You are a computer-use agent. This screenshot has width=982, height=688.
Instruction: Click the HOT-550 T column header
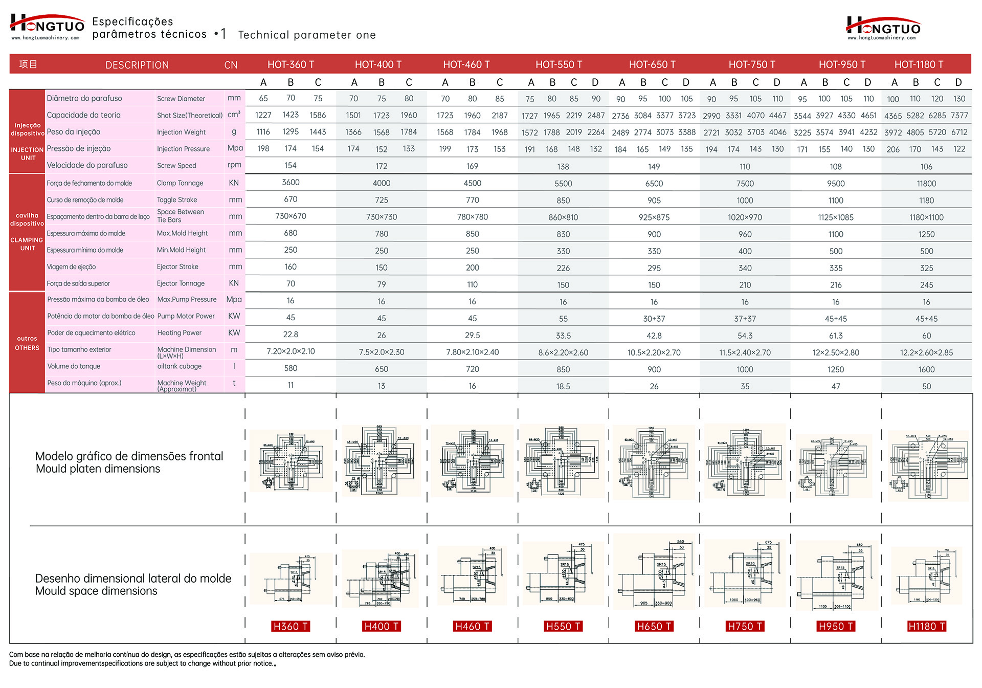click(559, 64)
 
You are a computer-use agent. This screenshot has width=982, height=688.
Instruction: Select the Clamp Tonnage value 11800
click(926, 183)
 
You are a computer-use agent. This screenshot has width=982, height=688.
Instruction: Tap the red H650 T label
click(654, 626)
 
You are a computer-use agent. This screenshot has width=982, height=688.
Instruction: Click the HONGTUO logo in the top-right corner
click(883, 28)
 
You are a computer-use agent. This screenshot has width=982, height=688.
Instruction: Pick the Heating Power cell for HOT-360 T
click(291, 335)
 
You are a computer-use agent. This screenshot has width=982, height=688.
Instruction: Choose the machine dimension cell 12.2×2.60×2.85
click(926, 352)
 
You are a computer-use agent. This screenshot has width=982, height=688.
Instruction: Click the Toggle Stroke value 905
click(654, 201)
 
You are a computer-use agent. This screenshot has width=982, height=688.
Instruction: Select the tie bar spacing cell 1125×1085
click(836, 217)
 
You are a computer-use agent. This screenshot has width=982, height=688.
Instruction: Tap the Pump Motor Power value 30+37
click(654, 319)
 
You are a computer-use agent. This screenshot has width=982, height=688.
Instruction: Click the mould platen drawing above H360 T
click(291, 461)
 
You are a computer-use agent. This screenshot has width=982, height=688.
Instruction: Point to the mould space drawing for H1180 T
click(926, 576)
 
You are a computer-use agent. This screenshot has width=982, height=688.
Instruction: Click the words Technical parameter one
click(307, 35)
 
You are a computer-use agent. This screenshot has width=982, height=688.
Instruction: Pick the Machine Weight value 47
click(836, 386)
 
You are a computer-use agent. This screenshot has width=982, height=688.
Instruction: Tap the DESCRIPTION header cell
click(137, 65)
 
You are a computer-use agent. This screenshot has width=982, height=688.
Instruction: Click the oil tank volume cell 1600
click(926, 369)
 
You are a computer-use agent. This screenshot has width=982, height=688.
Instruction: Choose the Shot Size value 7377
click(959, 116)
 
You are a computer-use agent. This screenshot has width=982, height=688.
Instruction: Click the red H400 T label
click(381, 626)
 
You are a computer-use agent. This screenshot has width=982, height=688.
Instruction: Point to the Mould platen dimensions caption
click(98, 469)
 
